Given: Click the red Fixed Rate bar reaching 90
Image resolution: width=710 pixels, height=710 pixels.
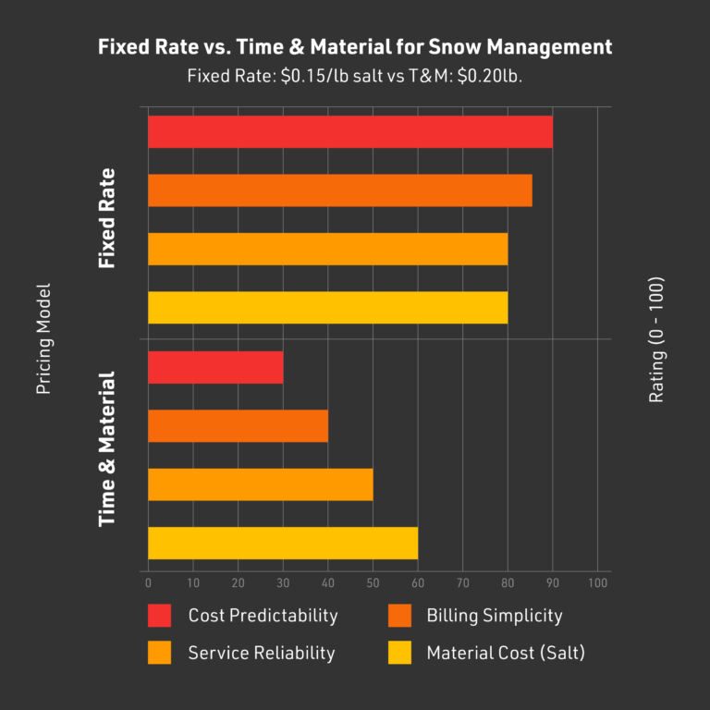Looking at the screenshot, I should (349, 132).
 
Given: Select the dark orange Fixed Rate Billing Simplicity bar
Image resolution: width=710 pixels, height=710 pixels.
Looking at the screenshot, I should (339, 190).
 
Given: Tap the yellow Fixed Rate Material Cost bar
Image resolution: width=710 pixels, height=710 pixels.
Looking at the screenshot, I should (327, 307).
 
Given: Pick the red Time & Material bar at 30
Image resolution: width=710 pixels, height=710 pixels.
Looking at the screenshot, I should (214, 368).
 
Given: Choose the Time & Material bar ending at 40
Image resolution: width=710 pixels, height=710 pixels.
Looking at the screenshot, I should (238, 426).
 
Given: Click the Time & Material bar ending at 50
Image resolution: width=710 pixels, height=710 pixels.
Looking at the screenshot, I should (260, 484).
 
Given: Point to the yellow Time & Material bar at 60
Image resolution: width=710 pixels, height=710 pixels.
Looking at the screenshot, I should (282, 543).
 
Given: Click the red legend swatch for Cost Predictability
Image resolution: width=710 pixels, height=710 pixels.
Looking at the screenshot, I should (159, 615).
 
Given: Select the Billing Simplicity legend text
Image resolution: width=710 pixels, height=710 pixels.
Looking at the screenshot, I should (494, 615).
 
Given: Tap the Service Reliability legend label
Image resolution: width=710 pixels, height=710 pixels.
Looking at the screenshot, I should (262, 653).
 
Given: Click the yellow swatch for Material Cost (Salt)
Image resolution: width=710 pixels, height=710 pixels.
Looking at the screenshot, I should (398, 653).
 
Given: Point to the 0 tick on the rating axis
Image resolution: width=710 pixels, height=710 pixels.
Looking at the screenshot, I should (148, 583).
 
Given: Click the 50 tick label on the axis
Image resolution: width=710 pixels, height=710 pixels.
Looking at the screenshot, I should (373, 583).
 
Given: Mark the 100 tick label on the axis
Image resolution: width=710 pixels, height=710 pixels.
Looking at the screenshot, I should (597, 583).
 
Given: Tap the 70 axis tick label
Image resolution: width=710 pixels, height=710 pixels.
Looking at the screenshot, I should (462, 583).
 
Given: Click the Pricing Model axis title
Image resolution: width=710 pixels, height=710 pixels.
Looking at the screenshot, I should (43, 339).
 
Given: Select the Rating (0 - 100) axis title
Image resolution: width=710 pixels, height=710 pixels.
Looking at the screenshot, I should (656, 339).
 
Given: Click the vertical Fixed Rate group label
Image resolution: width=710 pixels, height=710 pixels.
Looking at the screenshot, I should (107, 219).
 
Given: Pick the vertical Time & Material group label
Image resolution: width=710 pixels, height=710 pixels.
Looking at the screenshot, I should (107, 449).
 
